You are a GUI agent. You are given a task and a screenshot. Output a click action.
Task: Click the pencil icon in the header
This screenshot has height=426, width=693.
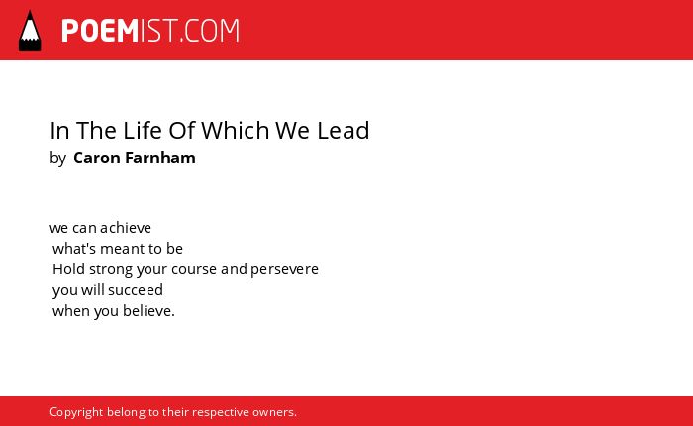[x=30, y=30]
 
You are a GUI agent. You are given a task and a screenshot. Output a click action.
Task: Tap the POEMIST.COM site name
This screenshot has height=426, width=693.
[x=150, y=31]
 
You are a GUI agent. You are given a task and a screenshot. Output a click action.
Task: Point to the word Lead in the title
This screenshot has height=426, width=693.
[x=343, y=130]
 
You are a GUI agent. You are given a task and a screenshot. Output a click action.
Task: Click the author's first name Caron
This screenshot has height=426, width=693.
[x=96, y=158]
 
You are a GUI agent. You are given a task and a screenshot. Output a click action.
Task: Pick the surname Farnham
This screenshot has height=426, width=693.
[x=160, y=158]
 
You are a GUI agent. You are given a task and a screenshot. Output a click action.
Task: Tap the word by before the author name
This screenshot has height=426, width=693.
[x=57, y=159]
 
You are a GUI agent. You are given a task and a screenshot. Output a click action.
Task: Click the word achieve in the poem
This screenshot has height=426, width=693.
[x=126, y=228]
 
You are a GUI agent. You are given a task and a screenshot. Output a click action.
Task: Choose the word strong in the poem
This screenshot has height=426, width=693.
[x=111, y=269]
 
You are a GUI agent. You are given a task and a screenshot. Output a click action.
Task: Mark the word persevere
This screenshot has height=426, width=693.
[x=285, y=269]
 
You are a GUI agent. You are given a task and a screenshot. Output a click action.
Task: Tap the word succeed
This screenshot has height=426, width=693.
[x=136, y=290]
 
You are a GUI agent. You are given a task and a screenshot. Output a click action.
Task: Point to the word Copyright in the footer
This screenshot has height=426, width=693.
[x=76, y=412]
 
